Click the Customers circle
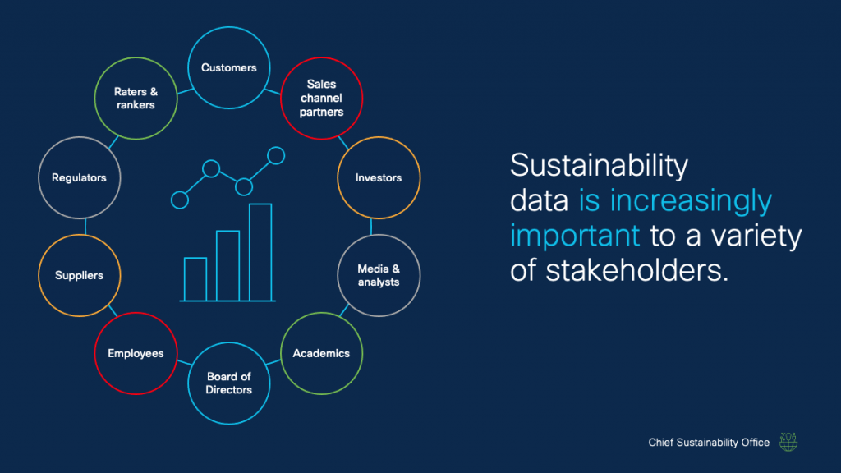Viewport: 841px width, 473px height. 229,68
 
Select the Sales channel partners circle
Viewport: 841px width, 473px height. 321,98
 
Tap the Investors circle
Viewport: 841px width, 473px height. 379,177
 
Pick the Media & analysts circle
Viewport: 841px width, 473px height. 379,275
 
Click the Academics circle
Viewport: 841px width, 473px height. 321,353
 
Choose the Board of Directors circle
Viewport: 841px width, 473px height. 229,383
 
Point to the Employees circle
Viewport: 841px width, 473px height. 136,353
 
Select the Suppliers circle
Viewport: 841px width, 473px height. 80,275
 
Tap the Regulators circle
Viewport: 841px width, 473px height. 80,177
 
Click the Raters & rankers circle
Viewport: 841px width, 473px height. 136,98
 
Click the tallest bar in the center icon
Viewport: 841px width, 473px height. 260,252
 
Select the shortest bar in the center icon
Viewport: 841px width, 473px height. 195,279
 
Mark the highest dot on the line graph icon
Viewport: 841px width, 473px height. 276,155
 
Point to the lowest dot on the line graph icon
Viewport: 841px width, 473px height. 179,199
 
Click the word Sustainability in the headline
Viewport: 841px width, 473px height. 599,165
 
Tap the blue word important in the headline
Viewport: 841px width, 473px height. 575,235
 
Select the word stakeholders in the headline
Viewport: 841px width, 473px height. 632,270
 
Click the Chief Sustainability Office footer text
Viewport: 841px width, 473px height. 709,443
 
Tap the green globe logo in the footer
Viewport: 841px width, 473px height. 788,442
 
